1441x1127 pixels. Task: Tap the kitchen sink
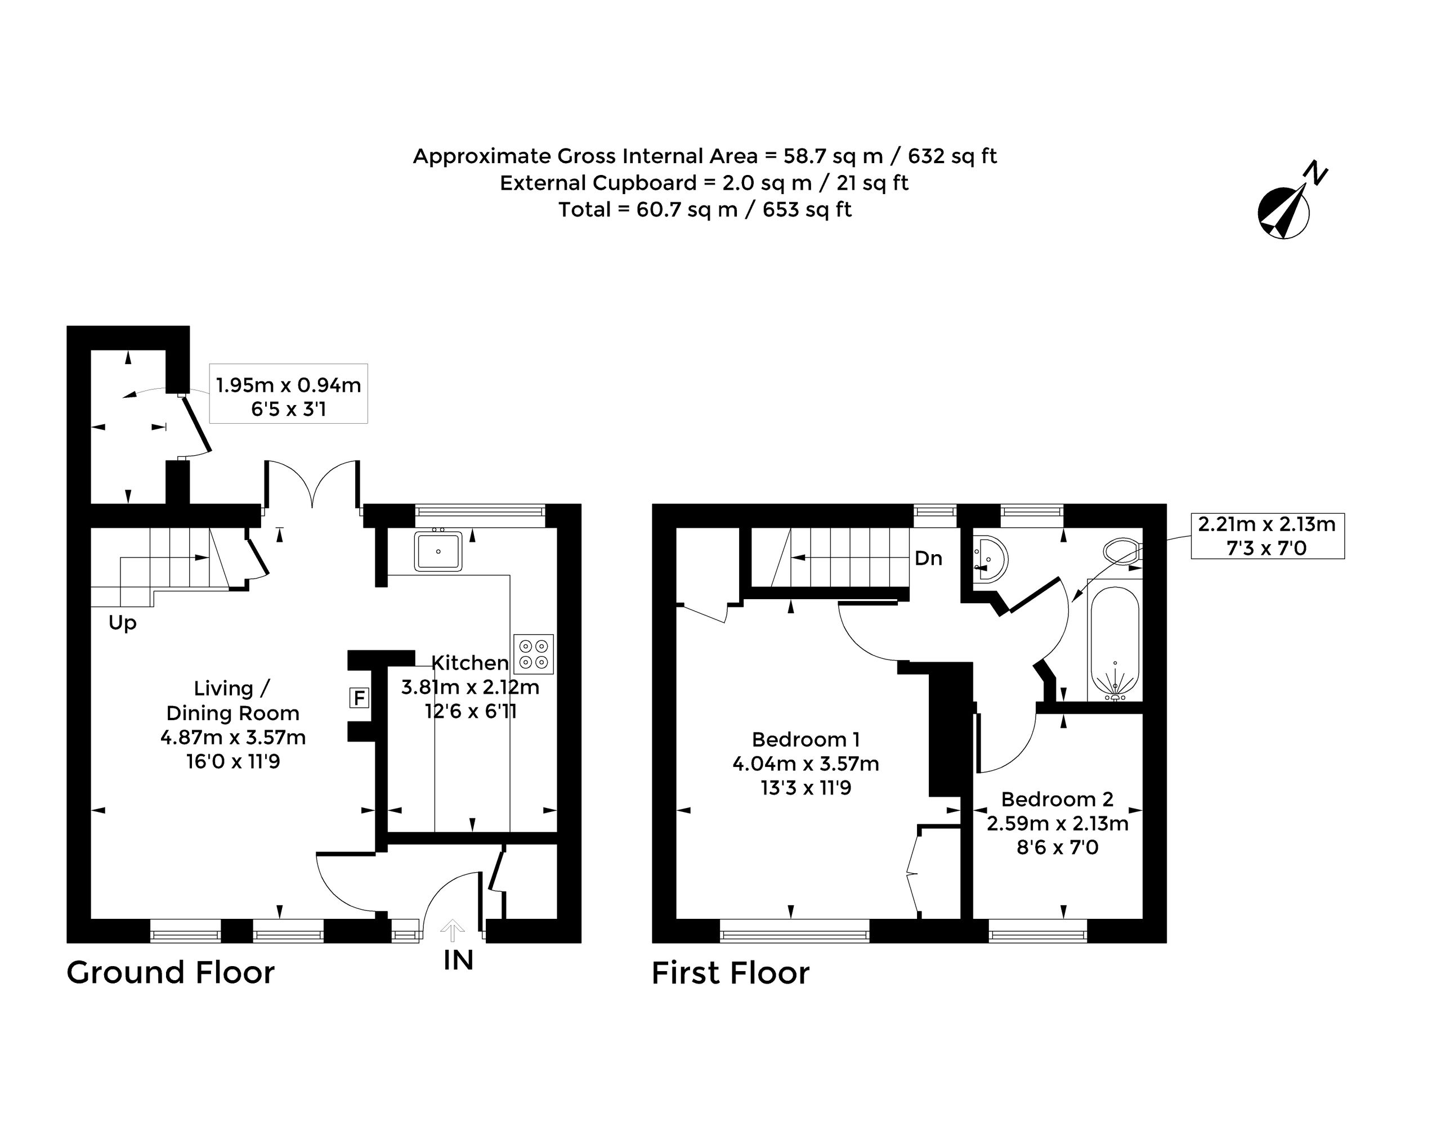[437, 551]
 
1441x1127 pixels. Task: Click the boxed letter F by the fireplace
[359, 698]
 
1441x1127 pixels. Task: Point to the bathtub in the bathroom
[1115, 643]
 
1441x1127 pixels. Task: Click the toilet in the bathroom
[1124, 551]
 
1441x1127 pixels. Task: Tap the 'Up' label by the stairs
[123, 623]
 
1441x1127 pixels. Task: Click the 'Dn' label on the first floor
[928, 558]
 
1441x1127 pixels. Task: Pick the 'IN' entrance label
[459, 960]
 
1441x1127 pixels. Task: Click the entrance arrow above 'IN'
[452, 931]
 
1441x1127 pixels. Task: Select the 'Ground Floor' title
[171, 973]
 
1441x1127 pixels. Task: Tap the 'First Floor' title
[731, 973]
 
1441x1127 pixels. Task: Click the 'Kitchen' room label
[470, 662]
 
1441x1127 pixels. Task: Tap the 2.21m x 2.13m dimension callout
[1268, 536]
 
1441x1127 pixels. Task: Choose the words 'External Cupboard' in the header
[598, 183]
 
